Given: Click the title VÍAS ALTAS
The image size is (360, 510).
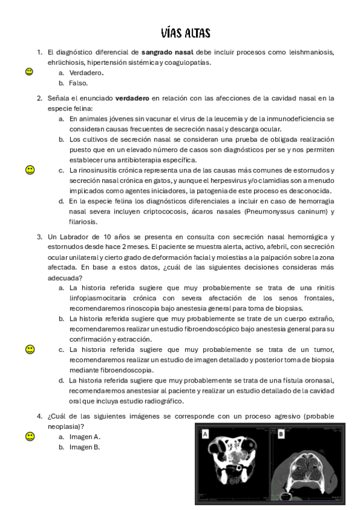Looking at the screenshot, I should [186, 32].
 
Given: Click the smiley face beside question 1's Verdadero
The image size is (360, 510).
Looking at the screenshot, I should [29, 72].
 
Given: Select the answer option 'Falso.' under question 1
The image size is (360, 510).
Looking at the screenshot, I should [78, 83].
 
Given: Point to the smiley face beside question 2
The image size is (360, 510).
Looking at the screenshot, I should [29, 170].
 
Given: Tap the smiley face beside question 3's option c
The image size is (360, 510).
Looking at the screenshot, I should [29, 349].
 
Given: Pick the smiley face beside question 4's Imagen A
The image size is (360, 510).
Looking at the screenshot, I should [29, 436].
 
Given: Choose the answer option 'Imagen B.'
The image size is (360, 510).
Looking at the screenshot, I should [84, 447].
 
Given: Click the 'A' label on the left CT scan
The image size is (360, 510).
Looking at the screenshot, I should [206, 434].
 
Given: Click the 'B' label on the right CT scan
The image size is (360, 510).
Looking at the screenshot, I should [281, 433].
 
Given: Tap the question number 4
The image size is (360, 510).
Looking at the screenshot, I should [39, 416].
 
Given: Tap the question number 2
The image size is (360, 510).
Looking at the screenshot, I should [39, 97].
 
